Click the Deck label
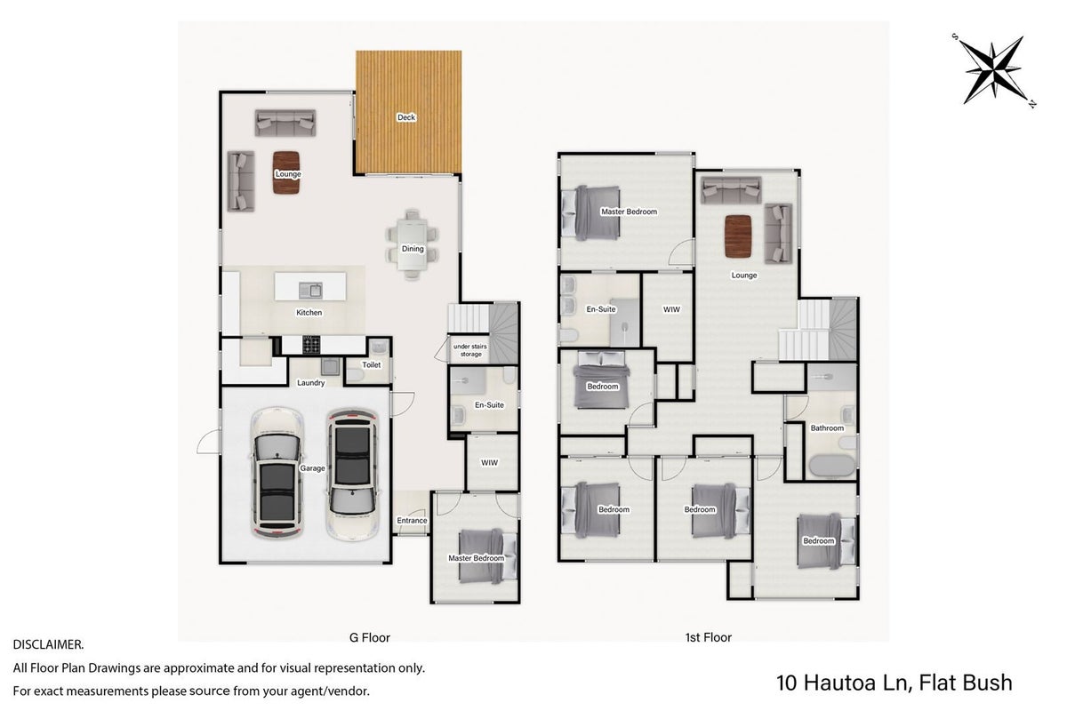pos(406,117)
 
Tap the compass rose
pos(994,71)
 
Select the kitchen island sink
pos(310,290)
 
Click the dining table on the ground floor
pos(412,244)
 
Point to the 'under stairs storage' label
pos(470,350)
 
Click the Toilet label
pos(372,364)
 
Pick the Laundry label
pos(310,382)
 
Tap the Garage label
pos(312,468)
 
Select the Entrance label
pos(412,521)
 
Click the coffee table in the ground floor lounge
pos(286,172)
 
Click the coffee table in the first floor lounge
pos(738,236)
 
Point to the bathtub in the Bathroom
pos(832,467)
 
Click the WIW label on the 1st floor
pos(671,309)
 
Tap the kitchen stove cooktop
pos(311,344)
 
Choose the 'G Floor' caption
pos(370,637)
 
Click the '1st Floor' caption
pos(709,637)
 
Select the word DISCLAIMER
pos(48,645)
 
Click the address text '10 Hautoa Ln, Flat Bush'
pos(895,683)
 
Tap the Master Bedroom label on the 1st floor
pos(629,212)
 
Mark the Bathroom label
pos(827,428)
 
